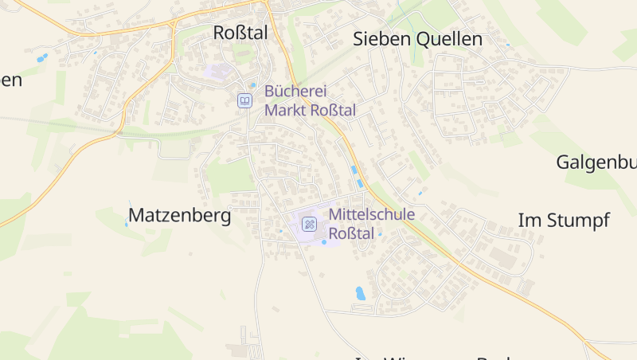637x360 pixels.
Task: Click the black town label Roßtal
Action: pyautogui.click(x=241, y=33)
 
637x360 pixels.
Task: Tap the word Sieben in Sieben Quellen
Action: pyautogui.click(x=380, y=39)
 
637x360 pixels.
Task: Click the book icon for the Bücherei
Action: pyautogui.click(x=245, y=100)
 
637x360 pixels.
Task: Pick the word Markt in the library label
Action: pyautogui.click(x=284, y=110)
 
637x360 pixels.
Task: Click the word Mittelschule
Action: pyautogui.click(x=372, y=214)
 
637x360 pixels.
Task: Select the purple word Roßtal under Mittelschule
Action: pyautogui.click(x=351, y=233)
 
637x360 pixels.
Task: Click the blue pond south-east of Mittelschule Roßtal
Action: pyautogui.click(x=360, y=293)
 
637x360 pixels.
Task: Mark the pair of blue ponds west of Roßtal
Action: pyautogui.click(x=41, y=58)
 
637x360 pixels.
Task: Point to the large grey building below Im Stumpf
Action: pyautogui.click(x=502, y=256)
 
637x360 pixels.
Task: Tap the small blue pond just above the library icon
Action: pyautogui.click(x=253, y=85)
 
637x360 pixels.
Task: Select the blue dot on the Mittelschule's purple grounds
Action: pyautogui.click(x=324, y=242)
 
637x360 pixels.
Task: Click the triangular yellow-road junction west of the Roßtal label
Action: pyautogui.click(x=172, y=25)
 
